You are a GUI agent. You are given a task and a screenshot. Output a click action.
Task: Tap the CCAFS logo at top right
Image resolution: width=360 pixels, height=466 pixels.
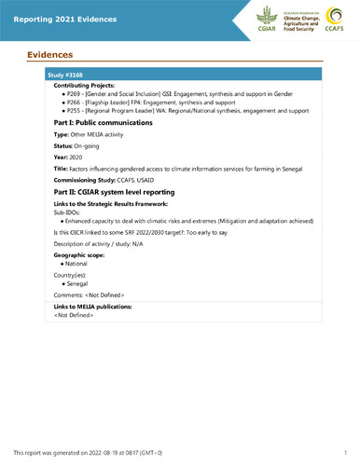332,19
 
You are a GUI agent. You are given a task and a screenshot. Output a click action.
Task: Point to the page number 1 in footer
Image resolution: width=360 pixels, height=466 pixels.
344,451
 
